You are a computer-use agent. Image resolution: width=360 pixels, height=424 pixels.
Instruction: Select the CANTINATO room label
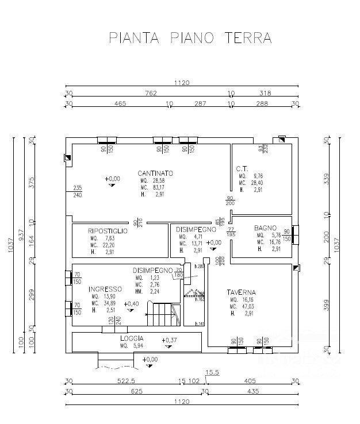(x=155, y=173)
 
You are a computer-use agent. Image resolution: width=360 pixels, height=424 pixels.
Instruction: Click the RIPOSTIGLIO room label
(x=108, y=230)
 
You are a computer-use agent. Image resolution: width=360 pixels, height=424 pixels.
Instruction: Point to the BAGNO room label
(x=265, y=228)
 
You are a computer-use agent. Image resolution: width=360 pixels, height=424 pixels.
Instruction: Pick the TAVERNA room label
(x=242, y=292)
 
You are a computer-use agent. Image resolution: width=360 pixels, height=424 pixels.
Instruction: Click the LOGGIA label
(x=132, y=338)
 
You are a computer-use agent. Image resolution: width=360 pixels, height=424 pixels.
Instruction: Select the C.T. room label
(x=242, y=168)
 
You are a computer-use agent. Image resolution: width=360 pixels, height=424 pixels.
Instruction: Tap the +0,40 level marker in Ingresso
(x=131, y=303)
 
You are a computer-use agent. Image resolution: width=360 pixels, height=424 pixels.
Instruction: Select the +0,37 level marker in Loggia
(x=170, y=340)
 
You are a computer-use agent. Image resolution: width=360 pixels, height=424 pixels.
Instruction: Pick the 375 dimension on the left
(x=32, y=182)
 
